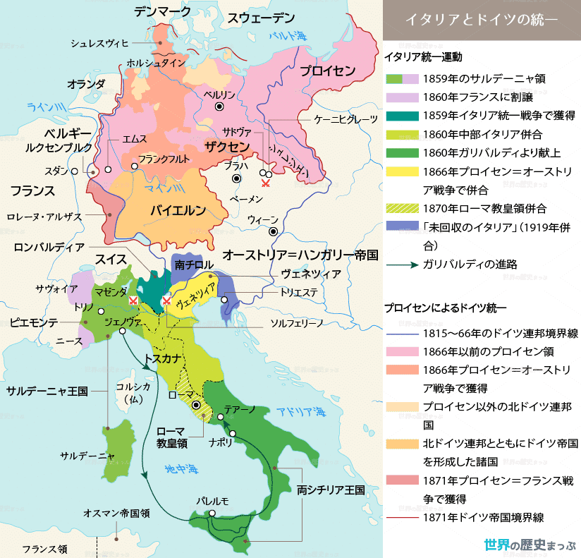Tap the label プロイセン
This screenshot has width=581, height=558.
[x=327, y=71]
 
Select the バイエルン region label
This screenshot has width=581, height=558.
[x=178, y=210]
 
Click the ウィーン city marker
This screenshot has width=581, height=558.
[x=273, y=231]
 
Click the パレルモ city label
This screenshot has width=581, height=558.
[x=213, y=502]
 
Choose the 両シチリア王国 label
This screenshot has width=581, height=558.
[x=330, y=489]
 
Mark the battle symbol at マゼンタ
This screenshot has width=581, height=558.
[x=133, y=300]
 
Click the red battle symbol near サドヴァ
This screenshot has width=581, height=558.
[x=265, y=183]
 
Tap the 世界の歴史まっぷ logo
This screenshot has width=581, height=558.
[x=530, y=545]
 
